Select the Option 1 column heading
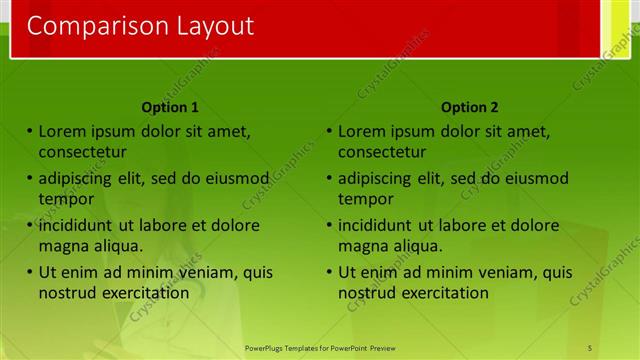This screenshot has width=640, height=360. pyautogui.click(x=170, y=107)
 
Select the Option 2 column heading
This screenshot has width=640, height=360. pyautogui.click(x=469, y=107)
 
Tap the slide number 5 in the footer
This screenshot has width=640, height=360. pyautogui.click(x=590, y=347)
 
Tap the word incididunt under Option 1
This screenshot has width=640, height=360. pyautogui.click(x=79, y=225)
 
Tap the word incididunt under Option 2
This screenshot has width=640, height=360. pyautogui.click(x=379, y=225)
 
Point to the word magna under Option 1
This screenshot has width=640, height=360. pyautogui.click(x=62, y=246)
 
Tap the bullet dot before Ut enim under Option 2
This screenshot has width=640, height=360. pyautogui.click(x=329, y=272)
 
